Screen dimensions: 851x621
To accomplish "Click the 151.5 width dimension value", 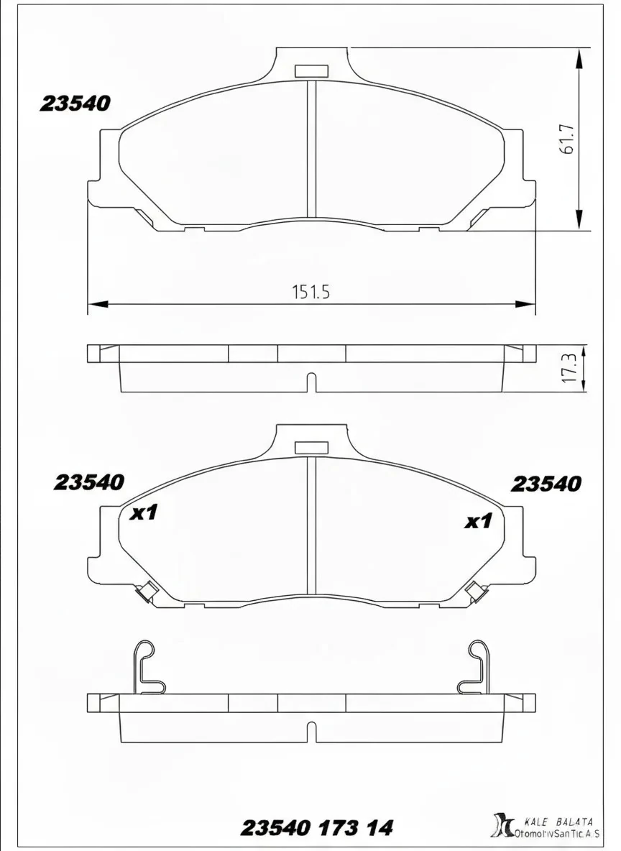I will [x=310, y=292].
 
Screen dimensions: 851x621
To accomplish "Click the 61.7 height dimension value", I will [x=566, y=139].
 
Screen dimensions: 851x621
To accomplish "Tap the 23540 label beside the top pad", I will [x=75, y=104].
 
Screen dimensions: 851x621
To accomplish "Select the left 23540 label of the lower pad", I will [x=88, y=482].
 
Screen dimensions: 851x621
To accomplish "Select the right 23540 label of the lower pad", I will [x=546, y=484].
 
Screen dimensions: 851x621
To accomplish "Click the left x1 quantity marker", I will [x=144, y=513].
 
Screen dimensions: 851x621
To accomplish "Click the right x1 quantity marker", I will [x=478, y=521].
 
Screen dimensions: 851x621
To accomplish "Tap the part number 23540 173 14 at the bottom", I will [x=316, y=828].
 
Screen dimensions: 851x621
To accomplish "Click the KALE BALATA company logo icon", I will [x=500, y=825].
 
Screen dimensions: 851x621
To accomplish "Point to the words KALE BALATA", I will [x=558, y=821].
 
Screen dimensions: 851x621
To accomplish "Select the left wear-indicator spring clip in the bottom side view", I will [x=149, y=668].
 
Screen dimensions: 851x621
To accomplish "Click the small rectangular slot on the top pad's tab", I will [x=311, y=70].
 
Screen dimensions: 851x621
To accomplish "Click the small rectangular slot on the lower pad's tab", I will [x=311, y=448].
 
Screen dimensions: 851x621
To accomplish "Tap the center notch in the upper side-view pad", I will [x=311, y=382].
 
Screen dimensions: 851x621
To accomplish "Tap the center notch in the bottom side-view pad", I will [x=311, y=732].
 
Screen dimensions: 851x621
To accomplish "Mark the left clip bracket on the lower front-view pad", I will [x=147, y=592].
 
